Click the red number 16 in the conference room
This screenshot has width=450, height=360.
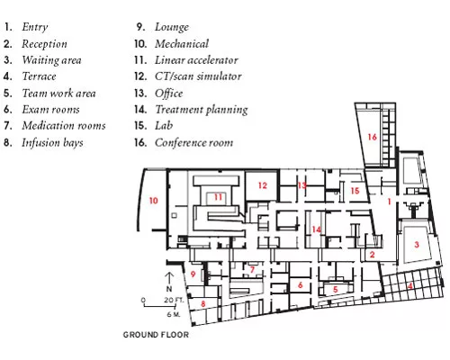(373, 137)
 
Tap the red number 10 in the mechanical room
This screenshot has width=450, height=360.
(154, 201)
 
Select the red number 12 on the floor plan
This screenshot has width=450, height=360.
(263, 185)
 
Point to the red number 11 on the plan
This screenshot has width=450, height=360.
(218, 197)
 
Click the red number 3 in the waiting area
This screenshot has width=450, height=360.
(417, 245)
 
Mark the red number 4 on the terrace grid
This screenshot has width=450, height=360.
(409, 286)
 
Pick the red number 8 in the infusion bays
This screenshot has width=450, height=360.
(203, 303)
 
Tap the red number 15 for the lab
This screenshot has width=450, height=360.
(355, 191)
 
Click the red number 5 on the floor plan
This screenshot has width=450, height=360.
(336, 290)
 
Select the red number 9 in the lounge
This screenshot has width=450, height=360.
(193, 274)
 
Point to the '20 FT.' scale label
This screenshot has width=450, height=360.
(174, 300)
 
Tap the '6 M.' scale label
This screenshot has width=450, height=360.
(174, 314)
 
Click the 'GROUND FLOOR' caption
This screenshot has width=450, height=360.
(156, 335)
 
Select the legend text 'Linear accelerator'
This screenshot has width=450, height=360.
(196, 60)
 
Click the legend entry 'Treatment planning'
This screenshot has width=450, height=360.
(202, 110)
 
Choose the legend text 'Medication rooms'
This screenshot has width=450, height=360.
(64, 125)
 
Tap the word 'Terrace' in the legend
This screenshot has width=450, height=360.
(39, 76)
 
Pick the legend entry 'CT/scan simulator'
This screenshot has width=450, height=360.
(198, 76)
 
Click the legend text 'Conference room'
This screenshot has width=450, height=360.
(194, 142)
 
